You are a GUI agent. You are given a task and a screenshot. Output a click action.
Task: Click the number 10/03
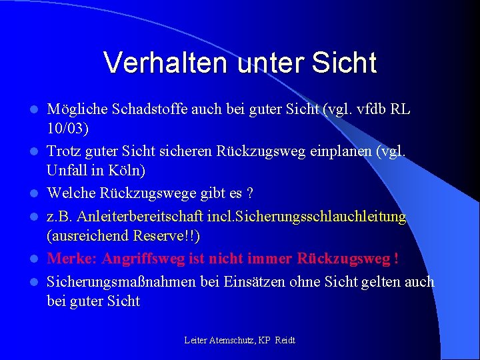pos(69,127)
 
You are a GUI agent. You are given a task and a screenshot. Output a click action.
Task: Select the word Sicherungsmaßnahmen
pos(121,282)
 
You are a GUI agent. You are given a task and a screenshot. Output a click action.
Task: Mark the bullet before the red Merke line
pos(38,259)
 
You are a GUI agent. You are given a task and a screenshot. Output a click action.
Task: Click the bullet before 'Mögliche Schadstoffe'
pos(38,109)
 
